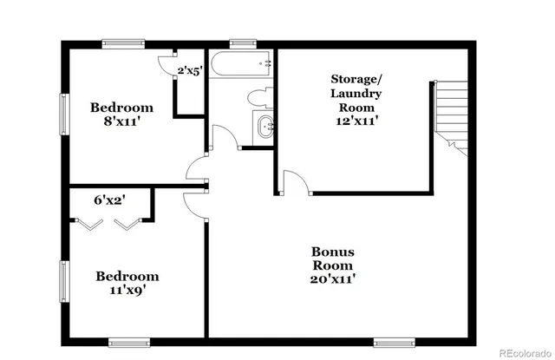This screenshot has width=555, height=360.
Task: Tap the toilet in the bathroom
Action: [x=259, y=96]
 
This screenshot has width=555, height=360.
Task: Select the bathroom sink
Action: [x=265, y=126]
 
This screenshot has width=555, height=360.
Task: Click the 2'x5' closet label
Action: [x=189, y=71]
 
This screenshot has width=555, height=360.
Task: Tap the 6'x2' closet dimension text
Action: [x=110, y=199]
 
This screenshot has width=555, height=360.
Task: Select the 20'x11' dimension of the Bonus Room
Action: [x=333, y=279]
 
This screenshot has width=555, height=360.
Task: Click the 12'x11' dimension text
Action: [x=356, y=121]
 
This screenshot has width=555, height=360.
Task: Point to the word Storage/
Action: [x=356, y=79]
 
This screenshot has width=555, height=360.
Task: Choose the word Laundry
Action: [x=356, y=93]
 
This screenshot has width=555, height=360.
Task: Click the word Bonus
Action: [x=333, y=252]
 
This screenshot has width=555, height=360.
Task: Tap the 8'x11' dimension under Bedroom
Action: [x=122, y=121]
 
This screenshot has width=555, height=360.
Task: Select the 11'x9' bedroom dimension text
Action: [x=127, y=291]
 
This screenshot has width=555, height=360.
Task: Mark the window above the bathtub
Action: [x=242, y=41]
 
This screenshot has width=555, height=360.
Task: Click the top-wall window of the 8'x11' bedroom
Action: [x=122, y=41]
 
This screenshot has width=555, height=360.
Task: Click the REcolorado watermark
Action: [x=517, y=352]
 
